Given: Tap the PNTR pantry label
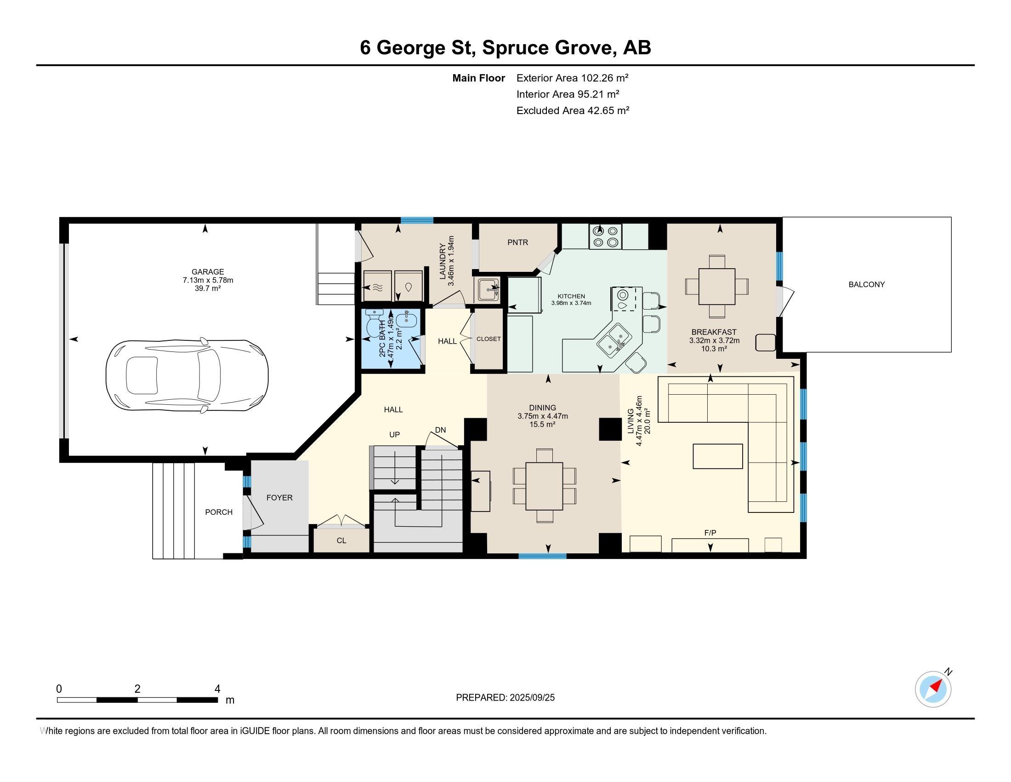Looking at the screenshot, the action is tap(517, 242).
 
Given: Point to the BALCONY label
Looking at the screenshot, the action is tap(867, 284).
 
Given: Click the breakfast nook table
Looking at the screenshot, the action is tap(716, 286).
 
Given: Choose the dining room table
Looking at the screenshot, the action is tap(545, 486).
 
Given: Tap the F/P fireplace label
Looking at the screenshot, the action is tap(710, 533).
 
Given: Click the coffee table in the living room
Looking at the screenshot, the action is tap(717, 456).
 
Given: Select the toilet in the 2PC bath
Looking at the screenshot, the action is tap(373, 324).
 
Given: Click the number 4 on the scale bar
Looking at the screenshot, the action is tap(217, 689).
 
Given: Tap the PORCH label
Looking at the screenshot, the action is tap(219, 512).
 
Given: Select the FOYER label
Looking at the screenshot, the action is tap(279, 498).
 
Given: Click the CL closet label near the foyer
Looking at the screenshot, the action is tap(341, 540).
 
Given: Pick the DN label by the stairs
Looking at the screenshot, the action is tap(440, 430).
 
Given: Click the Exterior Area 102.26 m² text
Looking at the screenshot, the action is tap(573, 78).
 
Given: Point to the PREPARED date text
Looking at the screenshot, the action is tap(505, 698).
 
